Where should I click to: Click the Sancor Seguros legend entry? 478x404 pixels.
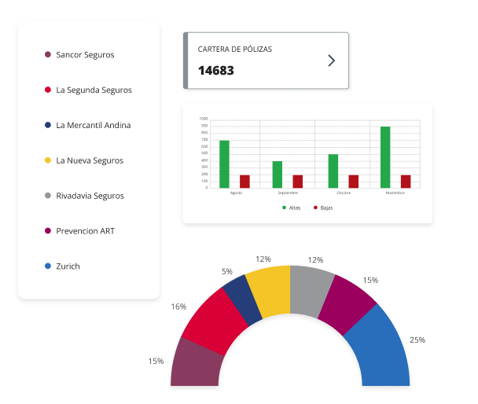(x=85, y=55)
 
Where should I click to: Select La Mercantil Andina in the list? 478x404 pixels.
(x=93, y=125)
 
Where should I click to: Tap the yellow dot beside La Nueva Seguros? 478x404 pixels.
(x=48, y=160)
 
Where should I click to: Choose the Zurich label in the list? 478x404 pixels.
(x=68, y=266)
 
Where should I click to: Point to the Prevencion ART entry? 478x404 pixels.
(x=86, y=231)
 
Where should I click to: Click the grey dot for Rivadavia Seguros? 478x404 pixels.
(x=48, y=196)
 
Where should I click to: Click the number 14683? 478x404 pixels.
(x=216, y=71)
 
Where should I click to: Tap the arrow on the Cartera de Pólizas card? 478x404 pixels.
(x=331, y=61)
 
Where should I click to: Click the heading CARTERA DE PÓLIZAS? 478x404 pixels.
(x=235, y=49)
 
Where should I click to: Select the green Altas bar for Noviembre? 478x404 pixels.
(x=385, y=157)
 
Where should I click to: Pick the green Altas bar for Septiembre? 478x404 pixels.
(x=278, y=174)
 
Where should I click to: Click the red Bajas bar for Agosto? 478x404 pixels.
(x=245, y=182)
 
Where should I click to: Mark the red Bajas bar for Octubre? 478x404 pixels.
(x=353, y=182)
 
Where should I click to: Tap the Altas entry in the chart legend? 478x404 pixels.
(x=292, y=208)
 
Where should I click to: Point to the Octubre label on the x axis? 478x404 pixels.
(x=344, y=192)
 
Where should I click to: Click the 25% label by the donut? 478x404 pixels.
(x=417, y=340)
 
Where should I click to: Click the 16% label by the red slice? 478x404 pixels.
(x=178, y=306)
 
